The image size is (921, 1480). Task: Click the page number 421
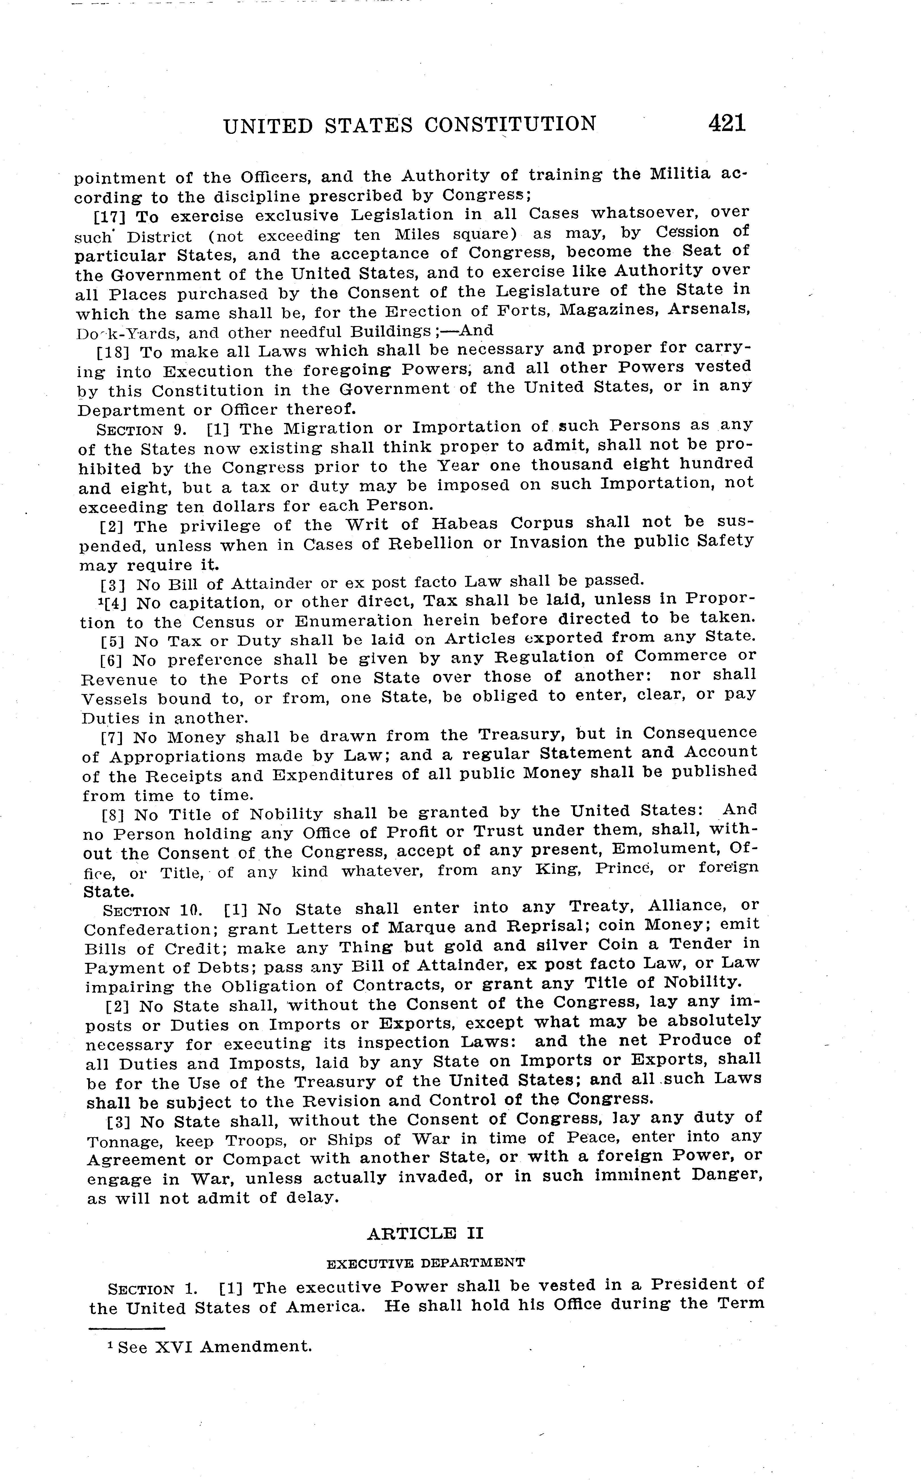coord(727,124)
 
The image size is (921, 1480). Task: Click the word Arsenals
coord(709,309)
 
